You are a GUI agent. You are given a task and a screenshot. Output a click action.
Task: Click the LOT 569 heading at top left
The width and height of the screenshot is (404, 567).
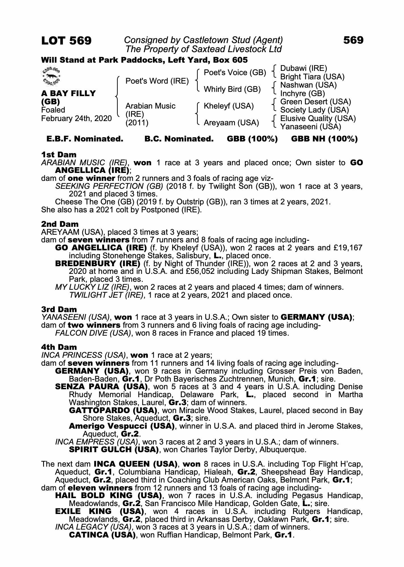click(66, 41)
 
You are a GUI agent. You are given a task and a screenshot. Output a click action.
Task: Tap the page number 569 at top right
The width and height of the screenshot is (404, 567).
click(353, 40)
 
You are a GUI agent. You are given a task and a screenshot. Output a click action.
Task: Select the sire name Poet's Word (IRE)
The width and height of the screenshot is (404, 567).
click(157, 81)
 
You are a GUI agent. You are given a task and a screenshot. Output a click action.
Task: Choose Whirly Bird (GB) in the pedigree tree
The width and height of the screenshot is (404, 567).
click(232, 89)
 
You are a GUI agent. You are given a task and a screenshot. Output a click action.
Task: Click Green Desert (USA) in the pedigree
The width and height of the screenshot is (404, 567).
click(315, 102)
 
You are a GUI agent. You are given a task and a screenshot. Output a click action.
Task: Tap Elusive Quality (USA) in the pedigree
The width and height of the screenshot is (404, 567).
click(318, 119)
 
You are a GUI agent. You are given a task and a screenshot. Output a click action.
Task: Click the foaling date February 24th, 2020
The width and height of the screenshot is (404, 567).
click(77, 119)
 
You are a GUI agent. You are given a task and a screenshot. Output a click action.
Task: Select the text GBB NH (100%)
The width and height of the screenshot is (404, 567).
click(324, 139)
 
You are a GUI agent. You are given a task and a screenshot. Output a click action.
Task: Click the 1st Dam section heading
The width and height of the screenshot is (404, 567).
click(59, 155)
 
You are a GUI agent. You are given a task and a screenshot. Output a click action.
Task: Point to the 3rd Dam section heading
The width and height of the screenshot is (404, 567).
click(59, 309)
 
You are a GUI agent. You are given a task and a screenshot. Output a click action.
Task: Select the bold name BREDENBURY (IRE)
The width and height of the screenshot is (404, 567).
click(98, 264)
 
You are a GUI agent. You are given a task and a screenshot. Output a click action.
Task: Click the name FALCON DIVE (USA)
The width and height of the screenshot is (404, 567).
click(93, 333)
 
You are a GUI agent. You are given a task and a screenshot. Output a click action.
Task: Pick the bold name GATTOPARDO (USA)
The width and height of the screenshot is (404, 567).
click(113, 411)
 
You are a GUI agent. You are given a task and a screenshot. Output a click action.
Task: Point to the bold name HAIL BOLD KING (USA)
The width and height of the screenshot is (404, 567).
click(108, 496)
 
